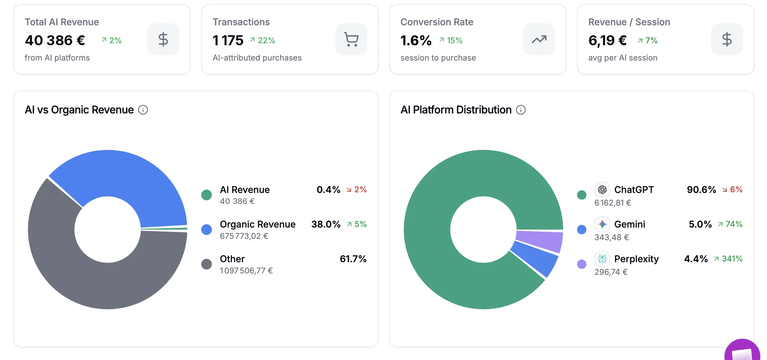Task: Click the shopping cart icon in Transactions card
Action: point(351,39)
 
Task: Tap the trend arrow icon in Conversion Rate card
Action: point(539,39)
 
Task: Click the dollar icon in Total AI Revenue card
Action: point(163,39)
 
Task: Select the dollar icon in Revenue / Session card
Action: point(727,39)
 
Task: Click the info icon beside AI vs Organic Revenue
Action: point(143,110)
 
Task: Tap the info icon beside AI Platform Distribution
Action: point(521,110)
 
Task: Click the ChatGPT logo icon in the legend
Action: point(602,190)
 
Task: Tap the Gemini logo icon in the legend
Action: point(602,224)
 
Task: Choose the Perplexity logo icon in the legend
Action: point(602,259)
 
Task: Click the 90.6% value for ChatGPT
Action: point(701,190)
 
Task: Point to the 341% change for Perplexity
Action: point(732,259)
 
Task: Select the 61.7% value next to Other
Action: point(353,259)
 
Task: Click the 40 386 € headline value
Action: point(55,40)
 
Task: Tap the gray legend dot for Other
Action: point(207,264)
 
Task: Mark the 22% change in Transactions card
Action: point(266,40)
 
